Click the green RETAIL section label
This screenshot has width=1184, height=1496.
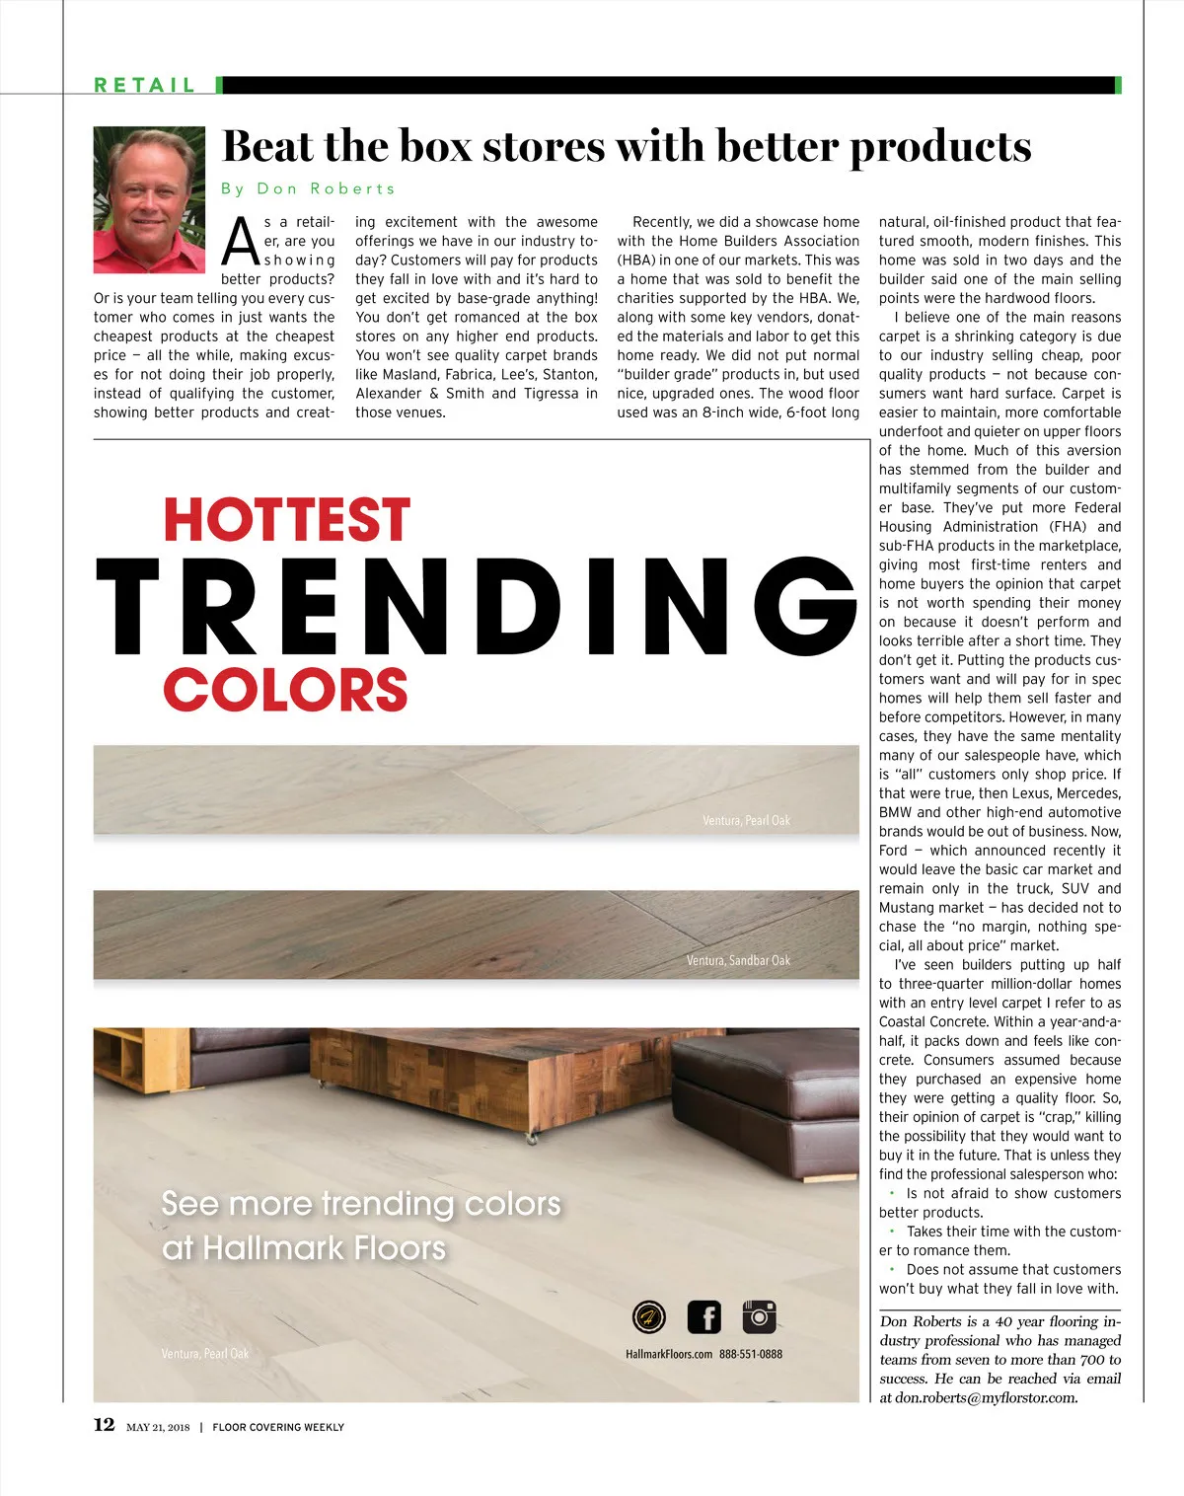(x=145, y=86)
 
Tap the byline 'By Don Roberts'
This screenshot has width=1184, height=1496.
(x=308, y=188)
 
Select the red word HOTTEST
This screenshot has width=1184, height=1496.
(x=286, y=520)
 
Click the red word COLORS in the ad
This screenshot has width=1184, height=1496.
(x=285, y=690)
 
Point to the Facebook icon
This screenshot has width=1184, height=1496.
(x=704, y=1317)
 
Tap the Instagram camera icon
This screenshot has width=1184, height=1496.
(x=759, y=1317)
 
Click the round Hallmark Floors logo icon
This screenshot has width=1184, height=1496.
(x=648, y=1317)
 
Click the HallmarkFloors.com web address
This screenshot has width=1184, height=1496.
(x=669, y=1354)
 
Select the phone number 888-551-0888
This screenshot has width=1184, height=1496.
(x=751, y=1354)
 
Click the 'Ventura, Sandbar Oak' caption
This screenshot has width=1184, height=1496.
(x=738, y=960)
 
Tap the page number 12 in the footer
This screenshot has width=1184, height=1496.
(x=104, y=1424)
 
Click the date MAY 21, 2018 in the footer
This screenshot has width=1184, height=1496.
(x=158, y=1427)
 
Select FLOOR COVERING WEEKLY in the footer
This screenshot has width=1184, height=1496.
(x=278, y=1427)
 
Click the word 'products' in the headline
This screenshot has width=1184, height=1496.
(x=940, y=147)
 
